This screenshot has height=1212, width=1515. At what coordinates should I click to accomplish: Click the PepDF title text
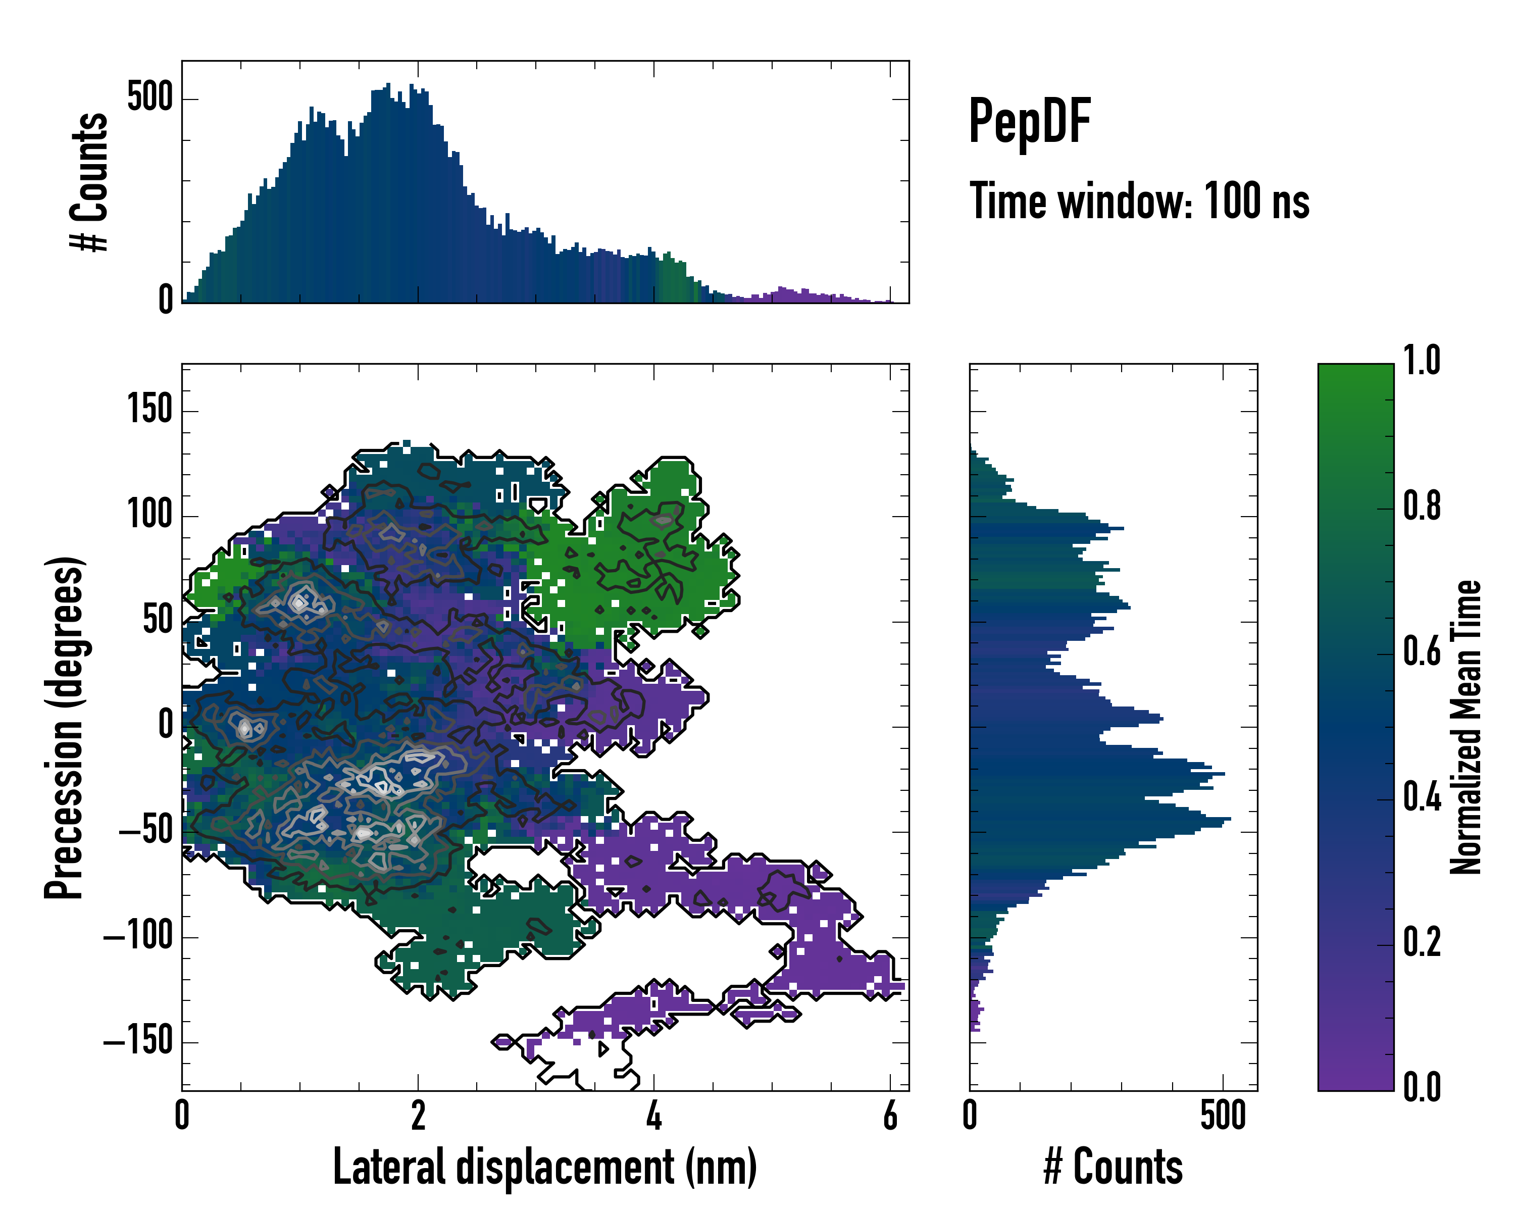tap(1029, 122)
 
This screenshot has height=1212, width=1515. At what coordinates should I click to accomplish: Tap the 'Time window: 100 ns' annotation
tap(1139, 201)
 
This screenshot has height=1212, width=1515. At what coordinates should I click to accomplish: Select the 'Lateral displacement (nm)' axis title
tap(544, 1167)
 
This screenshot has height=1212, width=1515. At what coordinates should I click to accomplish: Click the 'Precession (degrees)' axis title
tap(65, 727)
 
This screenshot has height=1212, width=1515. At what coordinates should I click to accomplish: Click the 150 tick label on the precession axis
tap(149, 409)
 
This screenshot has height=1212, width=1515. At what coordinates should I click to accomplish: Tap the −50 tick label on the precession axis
tap(145, 831)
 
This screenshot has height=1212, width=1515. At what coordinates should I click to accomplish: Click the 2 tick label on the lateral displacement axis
tap(418, 1115)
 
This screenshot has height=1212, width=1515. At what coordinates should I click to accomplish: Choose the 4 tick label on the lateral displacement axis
tap(654, 1115)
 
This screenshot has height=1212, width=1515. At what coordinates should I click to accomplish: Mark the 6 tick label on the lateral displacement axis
tap(890, 1115)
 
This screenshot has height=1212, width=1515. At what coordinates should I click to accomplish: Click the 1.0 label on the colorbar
tap(1422, 361)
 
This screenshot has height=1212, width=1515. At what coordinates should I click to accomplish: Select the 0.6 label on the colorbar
tap(1422, 651)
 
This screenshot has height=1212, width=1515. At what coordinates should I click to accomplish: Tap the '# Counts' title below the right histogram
tap(1113, 1167)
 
